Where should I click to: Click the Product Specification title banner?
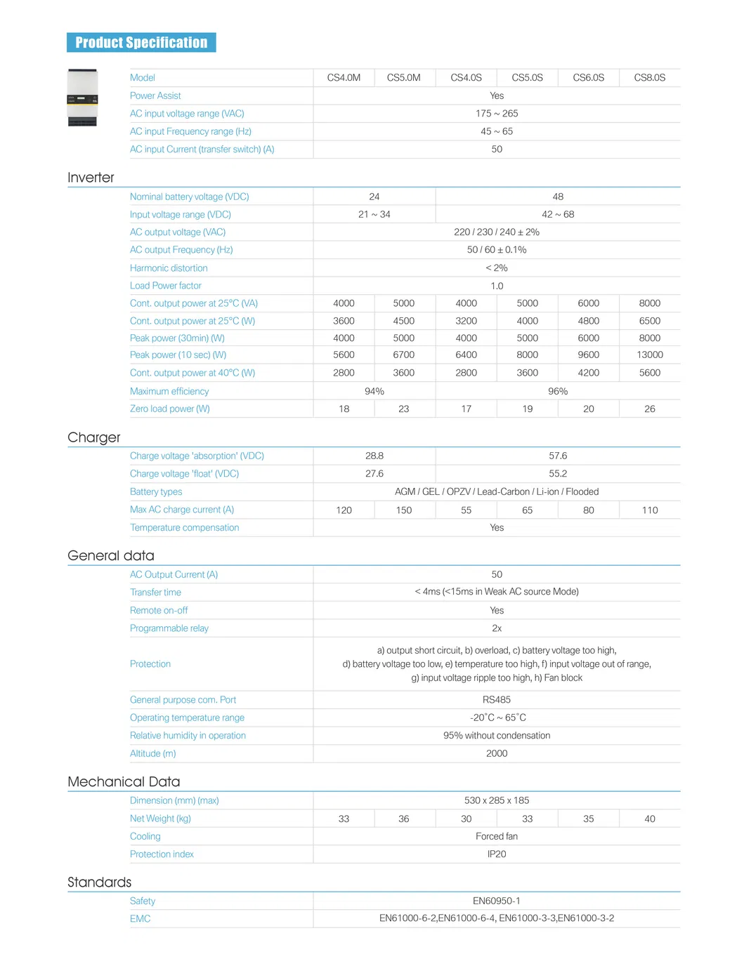click(x=141, y=43)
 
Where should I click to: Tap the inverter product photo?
click(x=82, y=98)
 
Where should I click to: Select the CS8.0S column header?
click(x=649, y=78)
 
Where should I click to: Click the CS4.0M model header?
click(x=344, y=78)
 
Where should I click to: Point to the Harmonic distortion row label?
click(x=169, y=268)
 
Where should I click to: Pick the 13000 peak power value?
click(x=649, y=355)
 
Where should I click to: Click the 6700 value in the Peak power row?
click(x=403, y=355)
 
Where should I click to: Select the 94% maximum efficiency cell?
click(x=374, y=392)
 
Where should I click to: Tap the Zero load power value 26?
click(x=649, y=409)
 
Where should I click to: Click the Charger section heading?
click(x=94, y=437)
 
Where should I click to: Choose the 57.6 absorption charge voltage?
click(x=558, y=456)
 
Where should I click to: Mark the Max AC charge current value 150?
click(x=403, y=510)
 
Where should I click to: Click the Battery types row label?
click(x=156, y=492)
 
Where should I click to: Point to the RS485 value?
click(x=497, y=700)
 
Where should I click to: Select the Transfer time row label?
click(x=155, y=593)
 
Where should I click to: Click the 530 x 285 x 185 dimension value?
click(x=497, y=801)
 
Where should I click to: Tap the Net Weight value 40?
click(x=649, y=819)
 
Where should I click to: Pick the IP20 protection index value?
click(x=497, y=854)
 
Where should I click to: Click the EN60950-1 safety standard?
click(x=497, y=901)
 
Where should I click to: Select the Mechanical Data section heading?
click(x=124, y=782)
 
